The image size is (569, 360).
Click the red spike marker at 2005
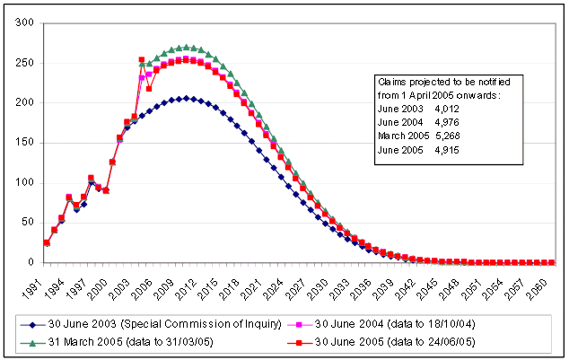pyautogui.click(x=142, y=60)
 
